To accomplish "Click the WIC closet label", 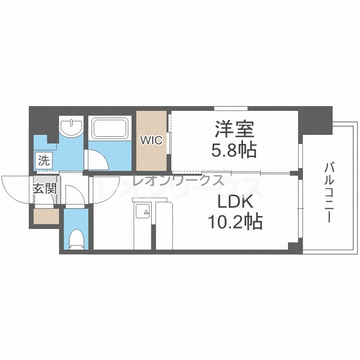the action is tap(152, 140).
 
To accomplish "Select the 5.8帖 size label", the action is tap(234, 150).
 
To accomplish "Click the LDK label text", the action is tap(235, 201).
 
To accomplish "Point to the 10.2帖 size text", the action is tap(235, 221).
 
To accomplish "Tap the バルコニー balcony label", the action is tap(329, 192).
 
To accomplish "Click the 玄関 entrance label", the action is tap(45, 189).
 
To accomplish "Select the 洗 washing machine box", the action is tap(44, 160).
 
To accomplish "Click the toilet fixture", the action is tap(76, 239).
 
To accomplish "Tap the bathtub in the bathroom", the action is tap(110, 128).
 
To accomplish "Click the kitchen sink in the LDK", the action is tap(143, 211).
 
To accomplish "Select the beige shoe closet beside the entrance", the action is tap(47, 216).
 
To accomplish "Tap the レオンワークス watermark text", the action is tap(178, 180).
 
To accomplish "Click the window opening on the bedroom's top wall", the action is tap(231, 108).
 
